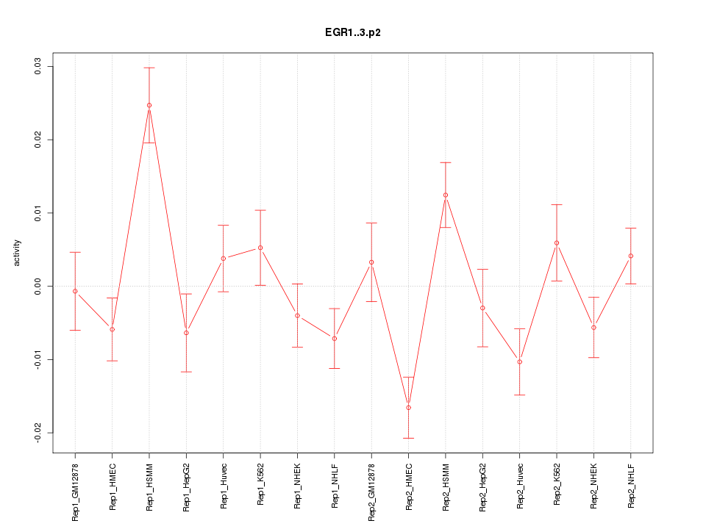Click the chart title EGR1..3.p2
353,33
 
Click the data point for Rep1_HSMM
149,105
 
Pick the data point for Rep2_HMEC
408,407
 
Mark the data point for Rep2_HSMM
446,195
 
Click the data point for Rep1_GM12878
75,291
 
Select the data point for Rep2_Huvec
520,361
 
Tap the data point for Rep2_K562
557,242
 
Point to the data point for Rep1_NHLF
335,338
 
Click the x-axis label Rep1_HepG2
187,486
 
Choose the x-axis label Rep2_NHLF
631,485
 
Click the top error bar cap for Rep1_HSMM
149,68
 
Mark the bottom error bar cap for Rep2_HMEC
408,438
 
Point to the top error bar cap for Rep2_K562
557,204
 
